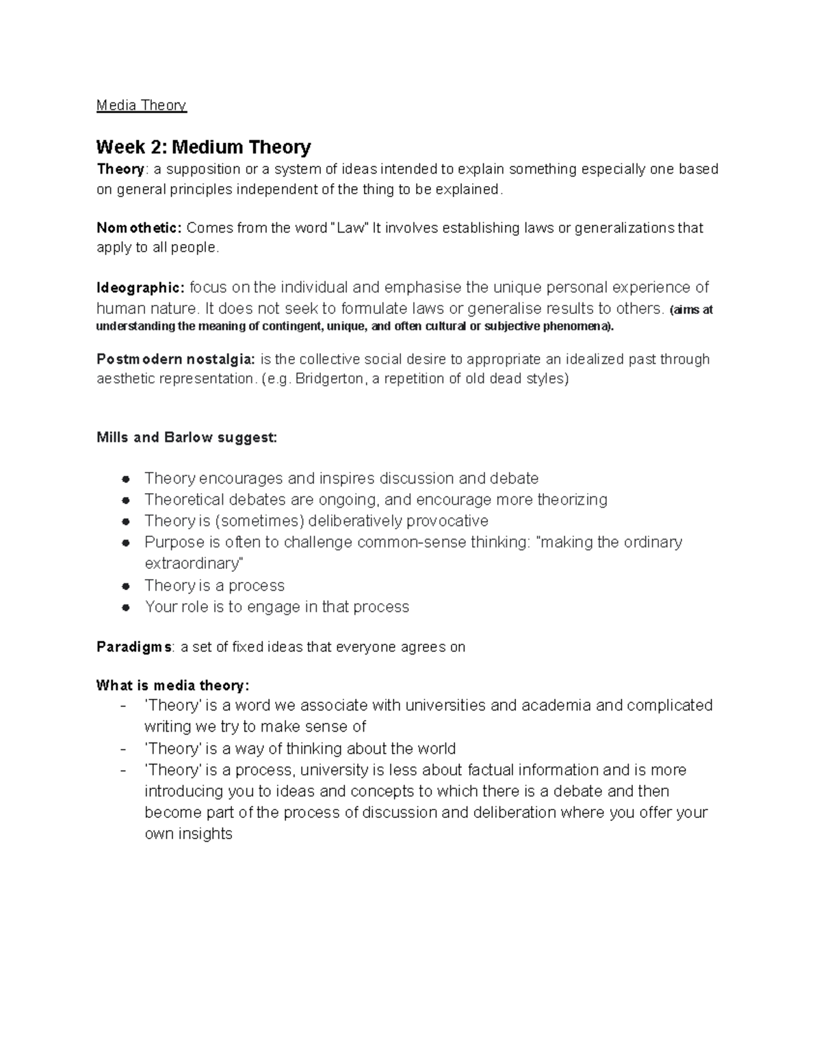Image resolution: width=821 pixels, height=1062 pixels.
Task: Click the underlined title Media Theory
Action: pos(141,105)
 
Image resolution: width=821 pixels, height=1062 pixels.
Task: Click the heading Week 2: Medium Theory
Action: pos(203,147)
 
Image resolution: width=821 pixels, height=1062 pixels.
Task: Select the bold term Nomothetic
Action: pos(139,228)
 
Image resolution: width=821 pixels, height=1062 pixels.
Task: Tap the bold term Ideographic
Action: pos(140,287)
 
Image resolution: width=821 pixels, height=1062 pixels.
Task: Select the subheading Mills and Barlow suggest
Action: pos(187,438)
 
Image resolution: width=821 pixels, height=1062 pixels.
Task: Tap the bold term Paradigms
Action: pos(135,647)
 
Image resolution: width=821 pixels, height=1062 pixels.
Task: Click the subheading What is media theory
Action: pos(173,685)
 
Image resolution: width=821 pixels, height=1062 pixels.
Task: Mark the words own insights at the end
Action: pos(189,834)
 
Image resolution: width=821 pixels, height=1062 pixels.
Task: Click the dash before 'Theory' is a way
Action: pos(122,749)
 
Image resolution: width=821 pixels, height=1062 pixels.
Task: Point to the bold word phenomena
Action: pos(584,326)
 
